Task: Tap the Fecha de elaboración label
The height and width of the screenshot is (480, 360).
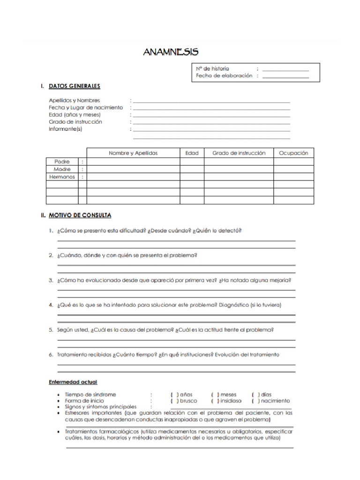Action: coord(224,75)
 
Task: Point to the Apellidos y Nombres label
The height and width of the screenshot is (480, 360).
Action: coord(74,100)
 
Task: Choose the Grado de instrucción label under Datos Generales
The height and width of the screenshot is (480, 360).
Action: coord(75,122)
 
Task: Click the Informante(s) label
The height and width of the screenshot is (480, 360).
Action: coord(66,129)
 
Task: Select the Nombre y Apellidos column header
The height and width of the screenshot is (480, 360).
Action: coord(134,153)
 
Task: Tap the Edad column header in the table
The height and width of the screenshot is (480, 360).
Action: coord(192,153)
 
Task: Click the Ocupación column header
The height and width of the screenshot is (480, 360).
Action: coord(293,153)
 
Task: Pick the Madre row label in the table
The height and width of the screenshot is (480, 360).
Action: coord(62,169)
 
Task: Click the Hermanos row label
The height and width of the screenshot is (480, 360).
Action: coord(62,177)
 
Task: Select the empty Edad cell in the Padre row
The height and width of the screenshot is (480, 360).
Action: coord(192,162)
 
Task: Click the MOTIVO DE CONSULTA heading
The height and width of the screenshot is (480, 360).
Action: coord(80,215)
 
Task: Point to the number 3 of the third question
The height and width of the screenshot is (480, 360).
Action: coord(50,280)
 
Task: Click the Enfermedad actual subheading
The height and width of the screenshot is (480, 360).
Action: coord(73,382)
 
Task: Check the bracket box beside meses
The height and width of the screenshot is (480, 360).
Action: coord(215,395)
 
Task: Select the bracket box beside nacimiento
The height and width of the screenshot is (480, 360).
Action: coord(255,401)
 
